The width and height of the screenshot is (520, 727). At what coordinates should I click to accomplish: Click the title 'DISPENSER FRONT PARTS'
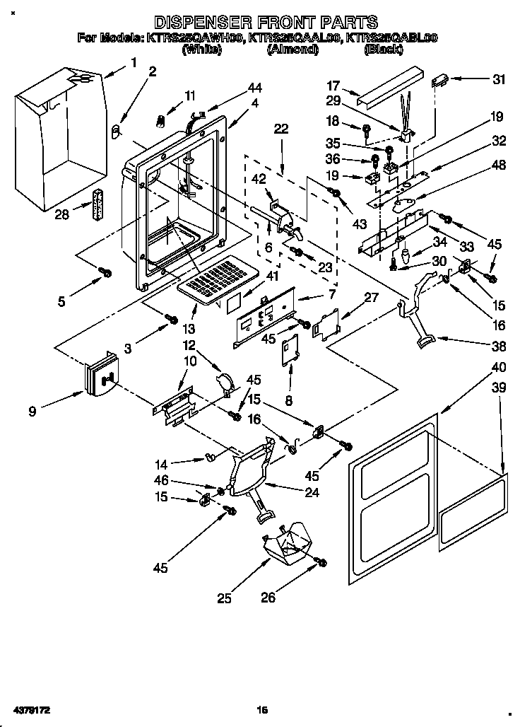[266, 23]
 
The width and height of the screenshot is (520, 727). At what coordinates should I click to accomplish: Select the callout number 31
[500, 79]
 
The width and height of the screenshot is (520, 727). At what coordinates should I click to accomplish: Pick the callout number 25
[224, 598]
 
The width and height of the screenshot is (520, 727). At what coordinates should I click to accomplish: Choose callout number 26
[268, 598]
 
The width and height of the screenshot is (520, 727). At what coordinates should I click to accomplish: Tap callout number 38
[498, 347]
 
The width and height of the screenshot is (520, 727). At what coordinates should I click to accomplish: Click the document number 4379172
[30, 708]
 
